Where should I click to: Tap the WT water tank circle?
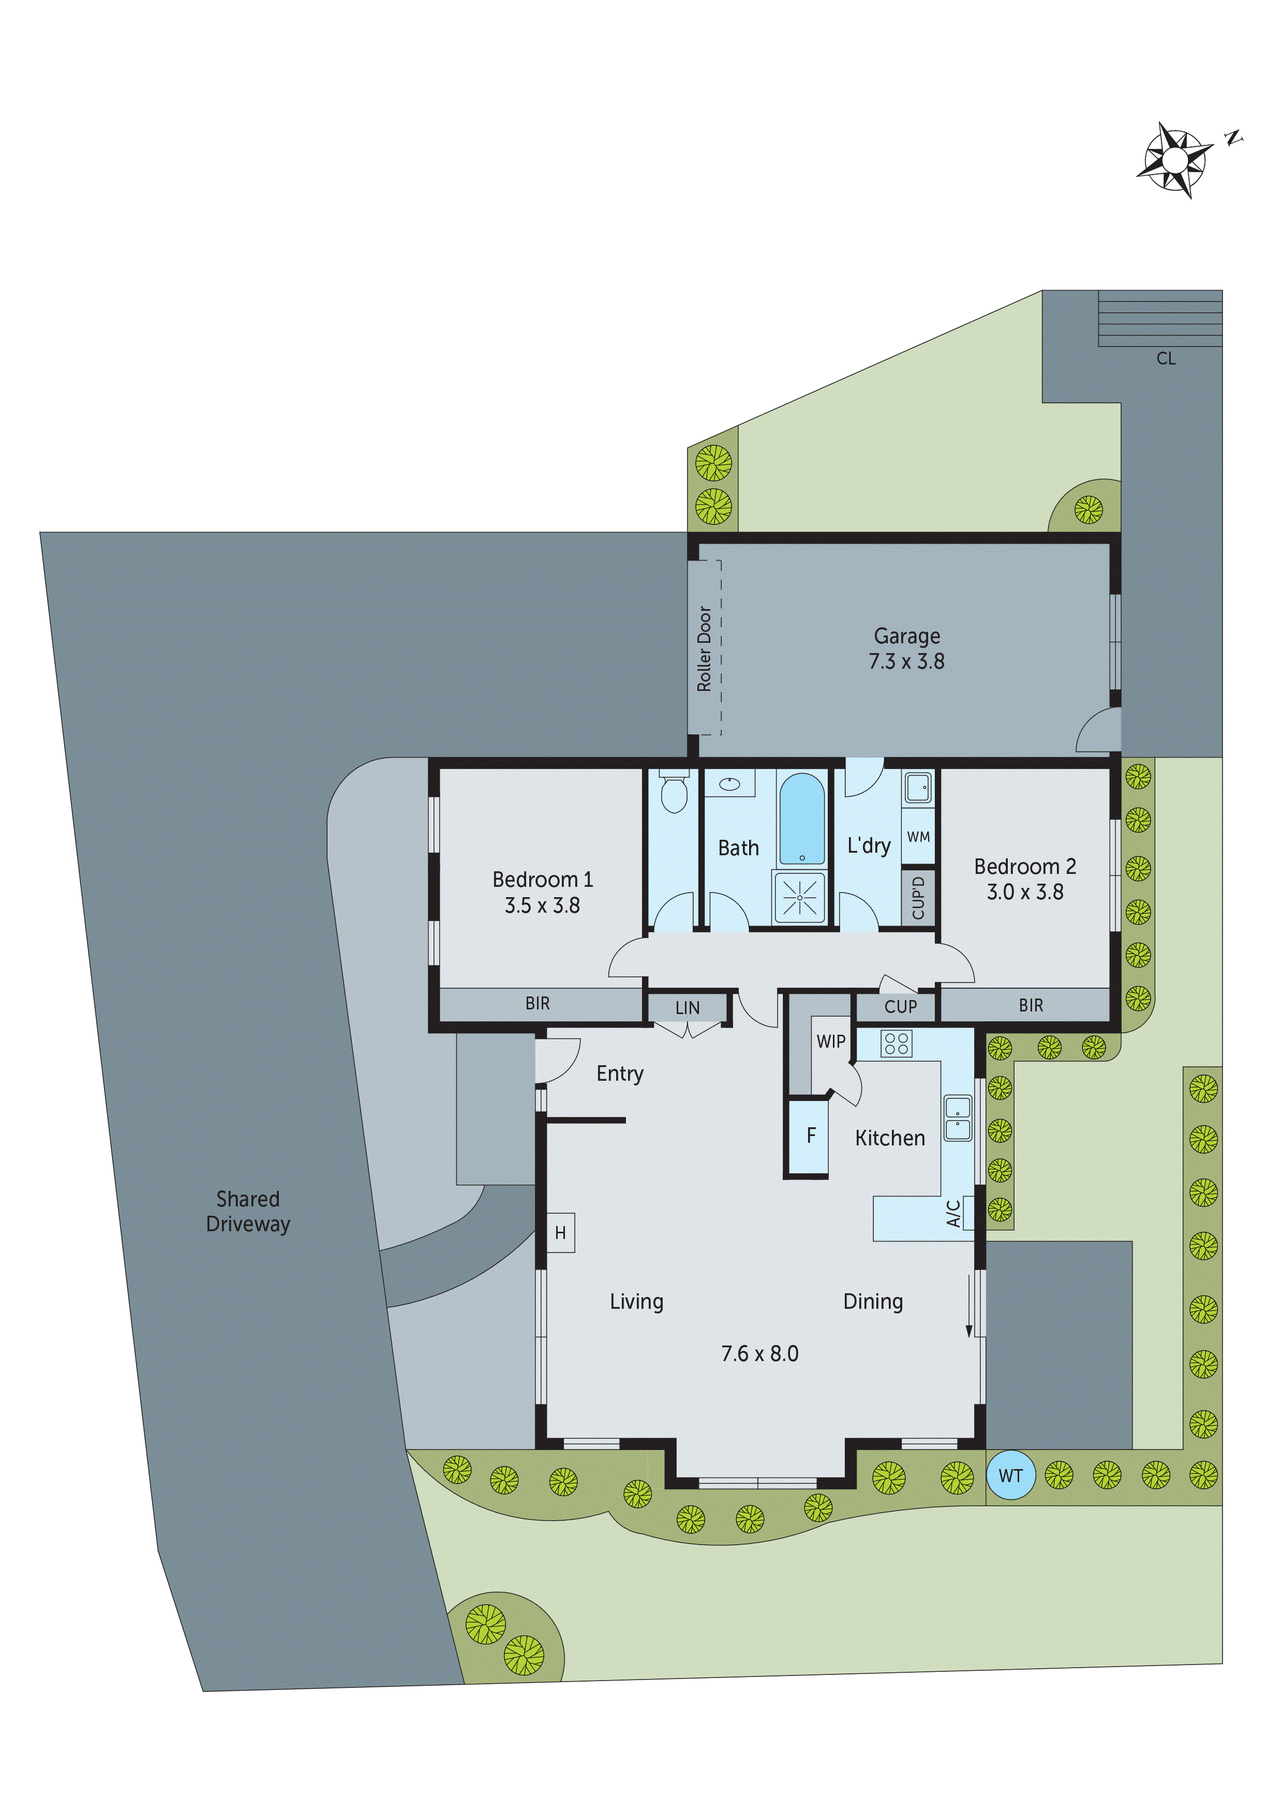click(x=1010, y=1475)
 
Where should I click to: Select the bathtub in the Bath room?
click(x=801, y=819)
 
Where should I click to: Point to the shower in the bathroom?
click(x=800, y=898)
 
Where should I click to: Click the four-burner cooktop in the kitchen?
click(x=897, y=1043)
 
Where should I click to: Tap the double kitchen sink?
click(x=957, y=1118)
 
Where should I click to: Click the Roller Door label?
click(x=704, y=648)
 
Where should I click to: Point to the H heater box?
click(x=560, y=1232)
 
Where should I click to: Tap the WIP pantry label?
click(x=830, y=1041)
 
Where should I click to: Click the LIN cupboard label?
click(x=687, y=1008)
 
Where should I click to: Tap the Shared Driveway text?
click(x=247, y=1211)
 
